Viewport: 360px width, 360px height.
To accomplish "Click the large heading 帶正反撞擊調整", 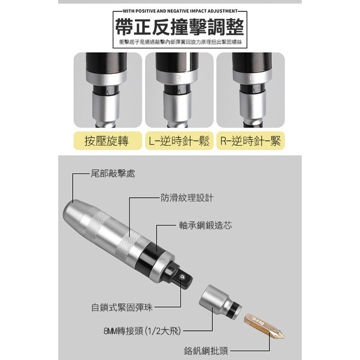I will [x=180, y=28].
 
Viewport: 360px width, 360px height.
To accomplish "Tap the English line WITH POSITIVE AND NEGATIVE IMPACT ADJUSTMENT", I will [x=180, y=11].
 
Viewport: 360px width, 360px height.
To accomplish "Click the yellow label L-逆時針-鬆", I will [x=179, y=142].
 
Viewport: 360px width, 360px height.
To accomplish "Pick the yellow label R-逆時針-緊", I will [x=251, y=142].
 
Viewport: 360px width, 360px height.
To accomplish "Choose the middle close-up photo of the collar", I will [x=179, y=89].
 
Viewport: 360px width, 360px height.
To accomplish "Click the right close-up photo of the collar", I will [x=251, y=89].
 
